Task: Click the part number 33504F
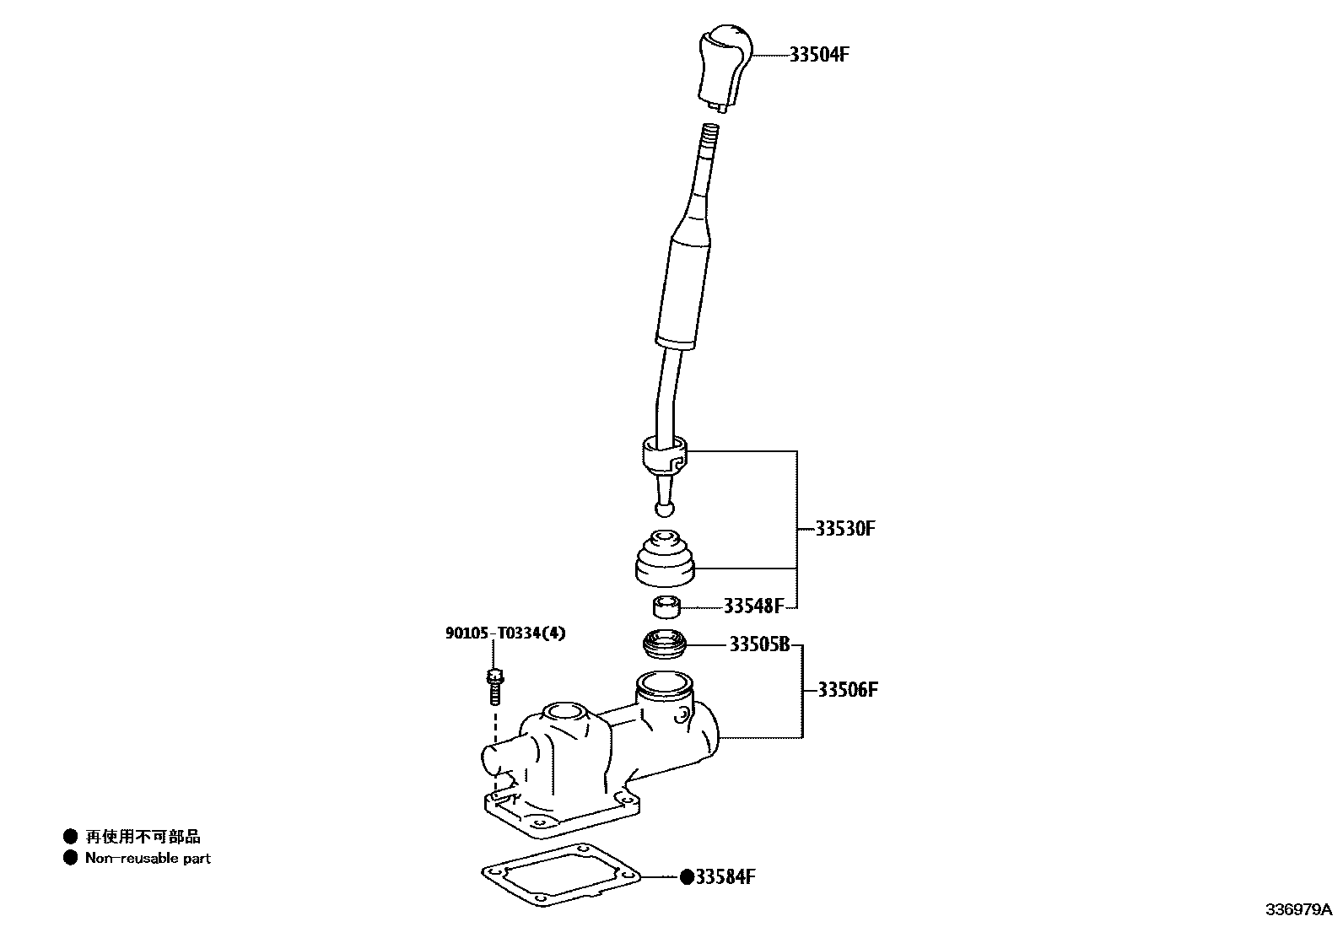[x=818, y=55]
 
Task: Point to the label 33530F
[x=845, y=530]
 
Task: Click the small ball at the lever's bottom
[x=664, y=508]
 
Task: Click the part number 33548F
[x=753, y=606]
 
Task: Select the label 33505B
[x=759, y=645]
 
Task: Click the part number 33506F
[x=848, y=690]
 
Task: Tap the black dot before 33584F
[x=687, y=877]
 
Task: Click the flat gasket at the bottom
[x=560, y=878]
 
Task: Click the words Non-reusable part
[x=148, y=859]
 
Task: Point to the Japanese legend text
[x=143, y=837]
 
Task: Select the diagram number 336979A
[x=1297, y=910]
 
